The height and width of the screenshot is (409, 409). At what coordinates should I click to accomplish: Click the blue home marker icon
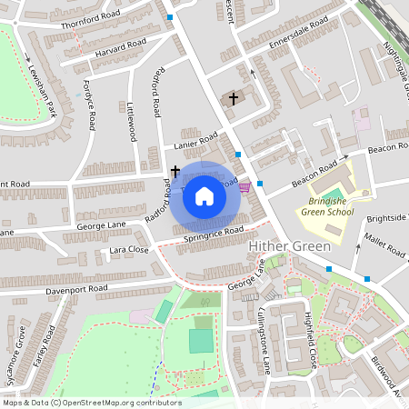204,196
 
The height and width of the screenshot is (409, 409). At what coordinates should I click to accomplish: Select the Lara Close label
128,249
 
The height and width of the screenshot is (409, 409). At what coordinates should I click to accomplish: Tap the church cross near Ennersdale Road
233,98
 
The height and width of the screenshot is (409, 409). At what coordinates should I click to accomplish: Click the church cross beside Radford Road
175,170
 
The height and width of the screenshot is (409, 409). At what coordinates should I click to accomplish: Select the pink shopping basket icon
244,187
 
